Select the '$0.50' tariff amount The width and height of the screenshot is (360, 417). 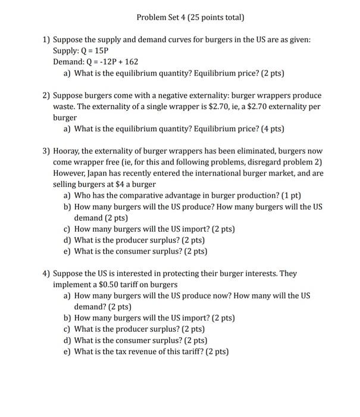click(107, 285)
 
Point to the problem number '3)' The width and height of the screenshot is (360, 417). click(46, 151)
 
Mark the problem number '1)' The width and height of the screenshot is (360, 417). click(46, 39)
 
